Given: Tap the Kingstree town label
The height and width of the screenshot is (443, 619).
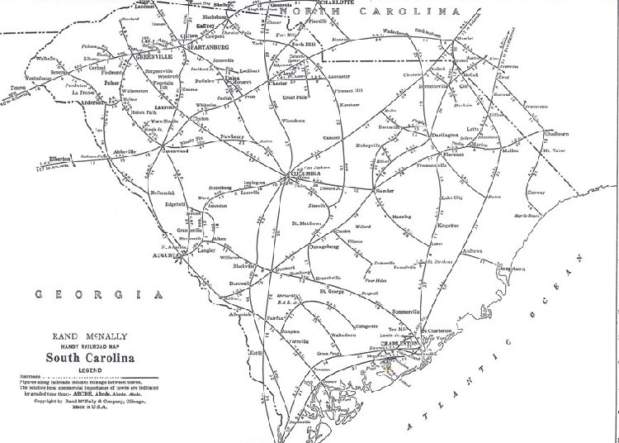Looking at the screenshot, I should (x=447, y=224).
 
